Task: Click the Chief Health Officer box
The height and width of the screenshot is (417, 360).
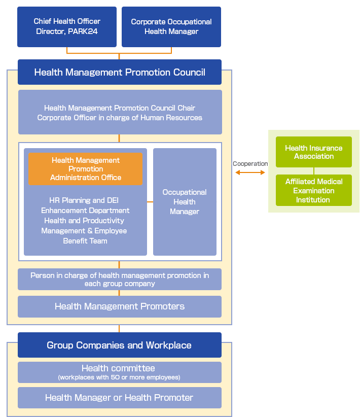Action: tap(67, 27)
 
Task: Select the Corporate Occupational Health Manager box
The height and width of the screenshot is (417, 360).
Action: tap(171, 27)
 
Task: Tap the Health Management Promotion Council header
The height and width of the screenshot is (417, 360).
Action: tap(120, 72)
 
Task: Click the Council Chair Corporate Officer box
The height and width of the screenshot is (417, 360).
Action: tap(120, 113)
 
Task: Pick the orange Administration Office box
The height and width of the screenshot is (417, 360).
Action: tap(85, 169)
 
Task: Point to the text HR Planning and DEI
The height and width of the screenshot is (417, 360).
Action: tap(84, 200)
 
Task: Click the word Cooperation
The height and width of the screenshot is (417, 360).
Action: tap(250, 164)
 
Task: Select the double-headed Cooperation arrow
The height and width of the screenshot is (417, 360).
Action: tap(250, 173)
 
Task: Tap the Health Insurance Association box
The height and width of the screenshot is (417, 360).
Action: tap(313, 152)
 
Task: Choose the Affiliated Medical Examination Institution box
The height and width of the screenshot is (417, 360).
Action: tap(313, 191)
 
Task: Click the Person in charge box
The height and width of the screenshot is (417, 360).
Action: tap(120, 280)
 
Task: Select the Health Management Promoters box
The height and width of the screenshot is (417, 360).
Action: tap(120, 306)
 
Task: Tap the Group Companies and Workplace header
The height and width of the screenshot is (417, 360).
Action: tap(120, 345)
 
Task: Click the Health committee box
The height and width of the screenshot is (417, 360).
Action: tap(120, 372)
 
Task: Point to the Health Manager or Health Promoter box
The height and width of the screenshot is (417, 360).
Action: tap(120, 398)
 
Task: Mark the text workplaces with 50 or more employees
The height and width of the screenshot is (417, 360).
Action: tap(120, 377)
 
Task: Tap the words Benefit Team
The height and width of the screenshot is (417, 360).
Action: tap(85, 241)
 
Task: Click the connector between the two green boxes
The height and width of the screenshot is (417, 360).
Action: tap(314, 171)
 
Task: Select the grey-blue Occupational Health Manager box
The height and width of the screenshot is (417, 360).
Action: tap(185, 202)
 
